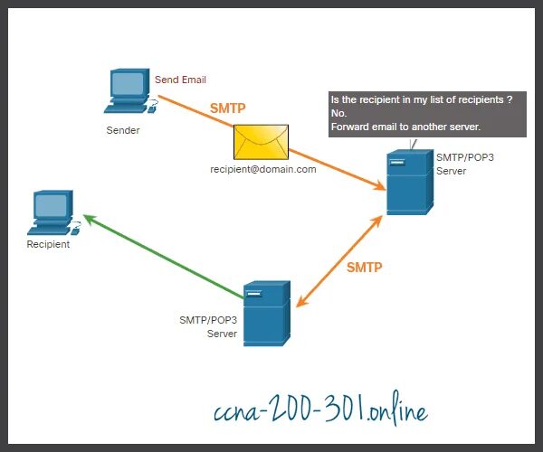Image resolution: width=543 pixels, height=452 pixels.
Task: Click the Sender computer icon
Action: click(129, 91)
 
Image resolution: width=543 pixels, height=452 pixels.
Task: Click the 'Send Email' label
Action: click(181, 80)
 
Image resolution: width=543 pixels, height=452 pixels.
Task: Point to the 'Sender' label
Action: click(125, 130)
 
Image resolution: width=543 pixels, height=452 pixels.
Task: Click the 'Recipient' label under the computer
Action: click(48, 244)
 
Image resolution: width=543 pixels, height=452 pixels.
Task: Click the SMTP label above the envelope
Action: click(228, 108)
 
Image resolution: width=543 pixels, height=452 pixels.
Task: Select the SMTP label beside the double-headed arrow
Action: click(365, 267)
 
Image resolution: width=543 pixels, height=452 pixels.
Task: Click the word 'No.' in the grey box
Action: click(339, 113)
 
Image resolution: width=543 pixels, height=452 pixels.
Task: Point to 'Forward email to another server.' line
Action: click(405, 127)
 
